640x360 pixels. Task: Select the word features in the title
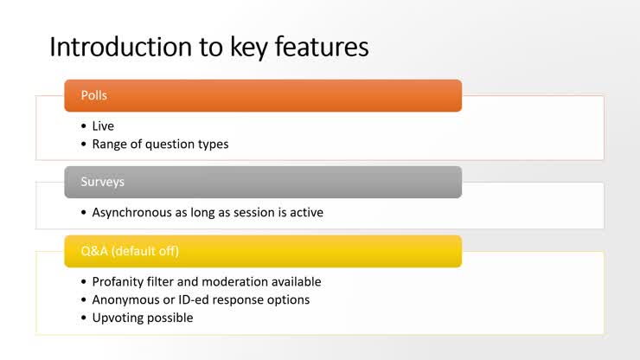[322, 47]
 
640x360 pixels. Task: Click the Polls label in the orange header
[94, 95]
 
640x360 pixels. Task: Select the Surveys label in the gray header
[101, 182]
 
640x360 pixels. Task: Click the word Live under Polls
[103, 126]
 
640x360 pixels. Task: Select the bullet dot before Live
[84, 126]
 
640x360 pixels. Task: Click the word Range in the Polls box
[109, 145]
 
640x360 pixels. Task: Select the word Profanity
[118, 282]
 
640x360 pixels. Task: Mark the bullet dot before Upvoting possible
[84, 318]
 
